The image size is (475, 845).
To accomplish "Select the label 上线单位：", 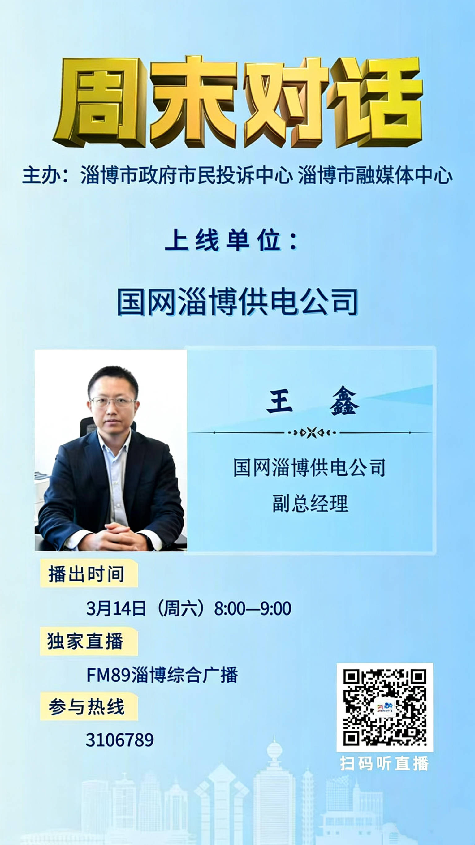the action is point(232,241).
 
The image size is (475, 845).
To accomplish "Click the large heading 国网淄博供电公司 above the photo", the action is point(237,302).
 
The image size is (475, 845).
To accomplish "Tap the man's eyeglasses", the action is point(113,402).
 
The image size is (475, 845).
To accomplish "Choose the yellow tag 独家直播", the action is point(89,641).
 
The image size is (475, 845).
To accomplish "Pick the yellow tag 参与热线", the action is point(89,706).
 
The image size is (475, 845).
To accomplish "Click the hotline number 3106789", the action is point(120,740).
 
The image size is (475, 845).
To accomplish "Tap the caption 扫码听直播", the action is point(384,764).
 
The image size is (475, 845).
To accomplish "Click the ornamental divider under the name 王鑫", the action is point(312,433).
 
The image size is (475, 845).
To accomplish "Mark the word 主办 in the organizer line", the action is point(41,176).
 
